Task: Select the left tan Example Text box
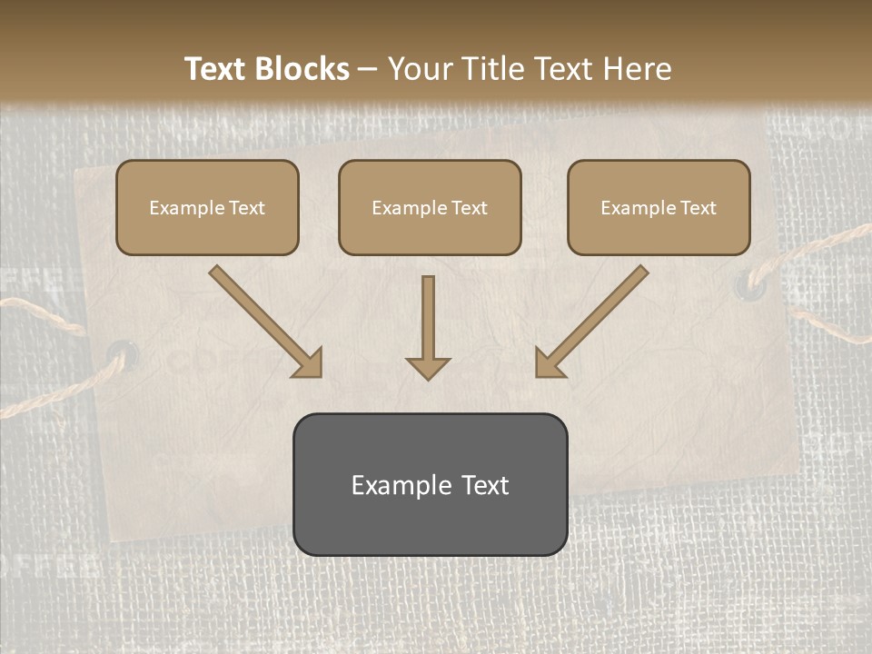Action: [207, 207]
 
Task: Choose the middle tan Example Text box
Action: [430, 207]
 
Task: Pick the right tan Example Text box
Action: [659, 207]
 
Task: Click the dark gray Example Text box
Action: [430, 484]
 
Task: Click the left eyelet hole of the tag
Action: [124, 352]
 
